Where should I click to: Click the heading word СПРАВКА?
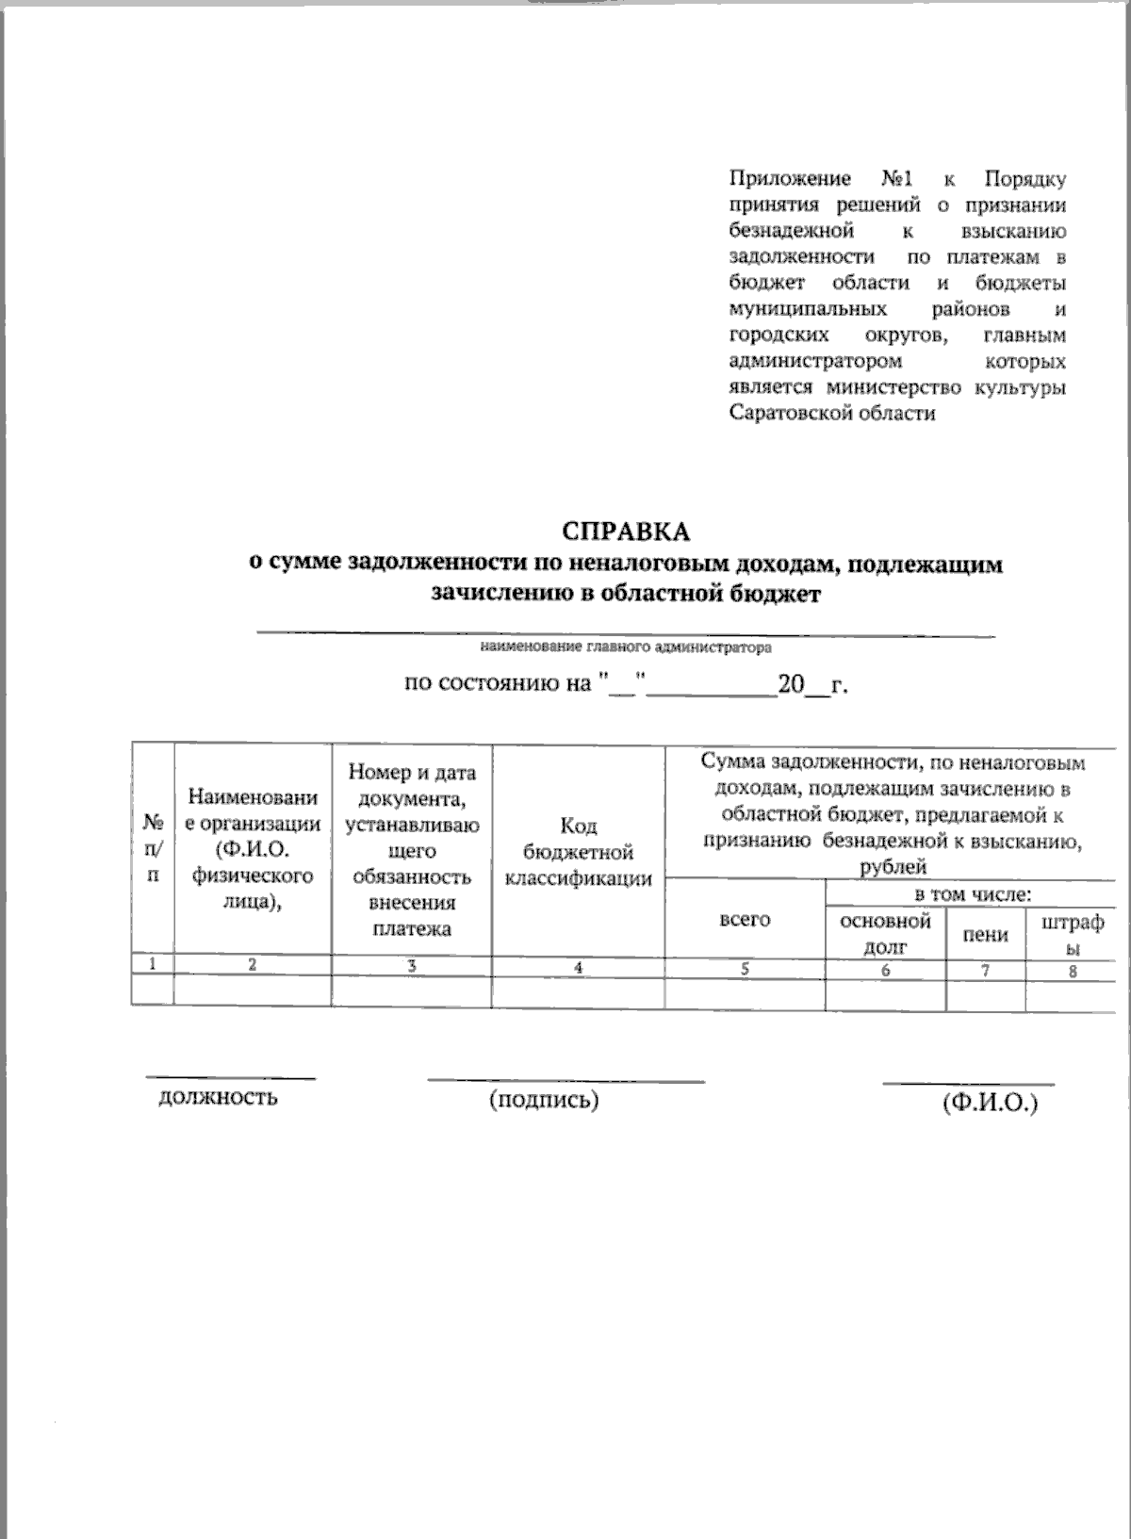click(626, 531)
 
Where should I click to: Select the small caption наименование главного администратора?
click(626, 648)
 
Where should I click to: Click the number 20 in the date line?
click(789, 685)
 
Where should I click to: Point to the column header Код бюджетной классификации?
click(579, 852)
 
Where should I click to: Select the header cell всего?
click(745, 918)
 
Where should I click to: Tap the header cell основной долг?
click(885, 932)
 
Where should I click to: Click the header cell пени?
click(985, 934)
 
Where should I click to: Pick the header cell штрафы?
click(1072, 932)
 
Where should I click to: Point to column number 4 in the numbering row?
click(578, 967)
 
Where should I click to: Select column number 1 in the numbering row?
click(152, 963)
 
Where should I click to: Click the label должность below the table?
click(218, 1096)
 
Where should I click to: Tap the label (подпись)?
click(544, 1099)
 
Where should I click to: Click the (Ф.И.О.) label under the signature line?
click(990, 1104)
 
